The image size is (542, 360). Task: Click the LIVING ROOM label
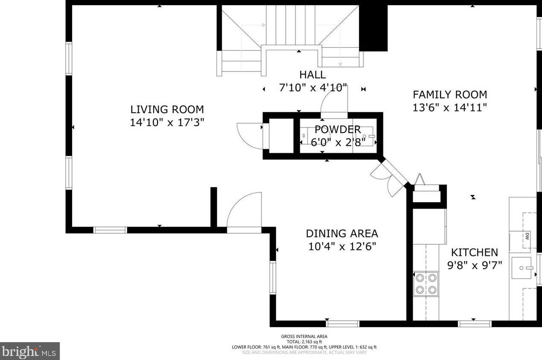[167, 109]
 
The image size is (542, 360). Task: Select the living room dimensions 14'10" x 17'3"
[167, 122]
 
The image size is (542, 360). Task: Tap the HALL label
[312, 75]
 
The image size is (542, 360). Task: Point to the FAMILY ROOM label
[449, 94]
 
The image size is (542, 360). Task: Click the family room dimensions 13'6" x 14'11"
[449, 107]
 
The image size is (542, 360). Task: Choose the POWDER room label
[337, 129]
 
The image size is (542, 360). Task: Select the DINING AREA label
[342, 233]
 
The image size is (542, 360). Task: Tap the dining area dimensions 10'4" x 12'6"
[342, 247]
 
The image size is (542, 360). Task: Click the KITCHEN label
[474, 252]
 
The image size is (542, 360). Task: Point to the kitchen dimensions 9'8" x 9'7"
[474, 265]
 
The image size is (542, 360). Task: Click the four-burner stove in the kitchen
[426, 284]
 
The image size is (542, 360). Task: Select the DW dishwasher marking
[527, 235]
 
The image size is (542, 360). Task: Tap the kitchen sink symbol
[522, 268]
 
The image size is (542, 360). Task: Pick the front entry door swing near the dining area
[244, 211]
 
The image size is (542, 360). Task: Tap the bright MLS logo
[29, 351]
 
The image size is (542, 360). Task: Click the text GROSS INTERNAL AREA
[304, 337]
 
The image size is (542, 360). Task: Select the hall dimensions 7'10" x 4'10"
[312, 88]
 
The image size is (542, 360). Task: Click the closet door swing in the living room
[249, 136]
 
